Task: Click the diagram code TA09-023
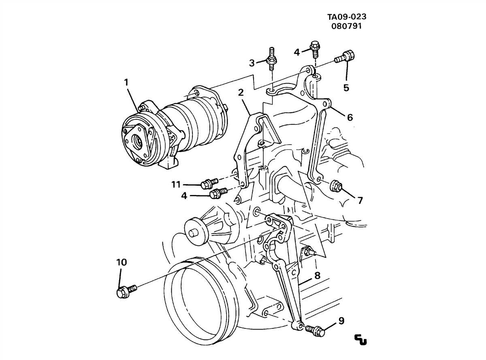(x=347, y=17)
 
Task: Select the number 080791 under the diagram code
(x=347, y=26)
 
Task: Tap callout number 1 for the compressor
(x=126, y=83)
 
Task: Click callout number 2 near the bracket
(x=241, y=92)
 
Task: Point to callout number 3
(x=252, y=63)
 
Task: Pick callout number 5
(x=346, y=88)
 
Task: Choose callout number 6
(x=350, y=118)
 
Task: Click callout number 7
(x=360, y=200)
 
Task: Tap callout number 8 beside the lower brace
(x=317, y=276)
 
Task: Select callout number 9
(x=341, y=321)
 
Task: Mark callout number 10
(x=122, y=262)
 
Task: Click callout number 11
(x=175, y=185)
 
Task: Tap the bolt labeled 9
(x=316, y=331)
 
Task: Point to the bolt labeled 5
(x=345, y=56)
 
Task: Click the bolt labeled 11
(x=209, y=184)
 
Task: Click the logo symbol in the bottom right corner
(x=360, y=340)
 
